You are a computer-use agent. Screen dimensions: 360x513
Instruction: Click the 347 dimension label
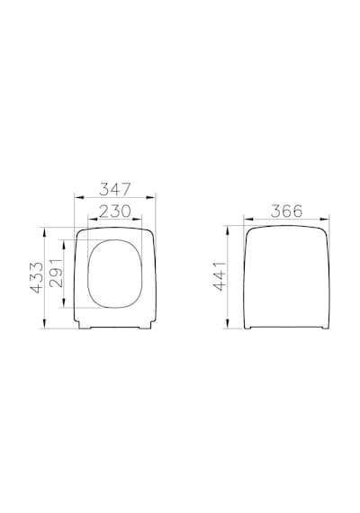(115, 189)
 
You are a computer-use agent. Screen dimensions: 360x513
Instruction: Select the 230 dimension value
(115, 211)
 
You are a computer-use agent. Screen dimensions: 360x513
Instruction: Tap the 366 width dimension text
(286, 211)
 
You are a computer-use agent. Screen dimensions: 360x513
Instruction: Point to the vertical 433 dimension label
(37, 277)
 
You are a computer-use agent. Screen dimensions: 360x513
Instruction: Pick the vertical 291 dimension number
(56, 273)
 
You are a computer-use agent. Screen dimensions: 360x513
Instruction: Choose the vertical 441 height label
(220, 275)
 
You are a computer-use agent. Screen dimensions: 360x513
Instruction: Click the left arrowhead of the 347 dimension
(79, 197)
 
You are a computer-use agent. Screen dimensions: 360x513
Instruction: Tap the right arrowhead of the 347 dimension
(150, 197)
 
